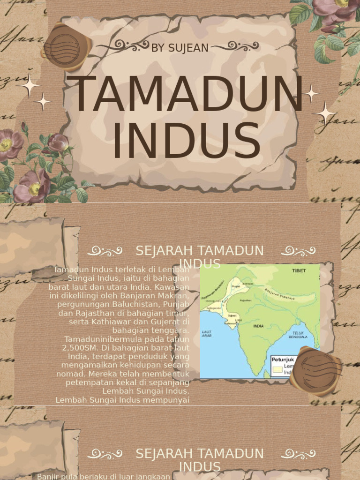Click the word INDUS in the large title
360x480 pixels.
pos(187,141)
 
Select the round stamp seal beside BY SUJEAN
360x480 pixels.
pos(66,47)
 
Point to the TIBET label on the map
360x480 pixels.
pos(299,271)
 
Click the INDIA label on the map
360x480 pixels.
pos(258,326)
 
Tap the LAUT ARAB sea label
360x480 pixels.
pos(207,333)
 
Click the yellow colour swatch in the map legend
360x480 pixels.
pos(277,369)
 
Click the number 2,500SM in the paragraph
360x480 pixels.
pos(78,347)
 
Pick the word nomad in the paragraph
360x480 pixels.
pos(71,374)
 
